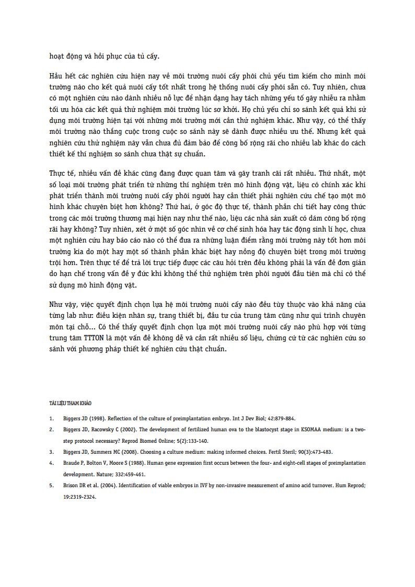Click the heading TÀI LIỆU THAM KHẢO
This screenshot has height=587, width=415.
coord(70,404)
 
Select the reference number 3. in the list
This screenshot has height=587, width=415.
coord(51,452)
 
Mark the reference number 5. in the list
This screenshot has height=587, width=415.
coord(51,485)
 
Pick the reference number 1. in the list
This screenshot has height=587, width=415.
coord(51,419)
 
